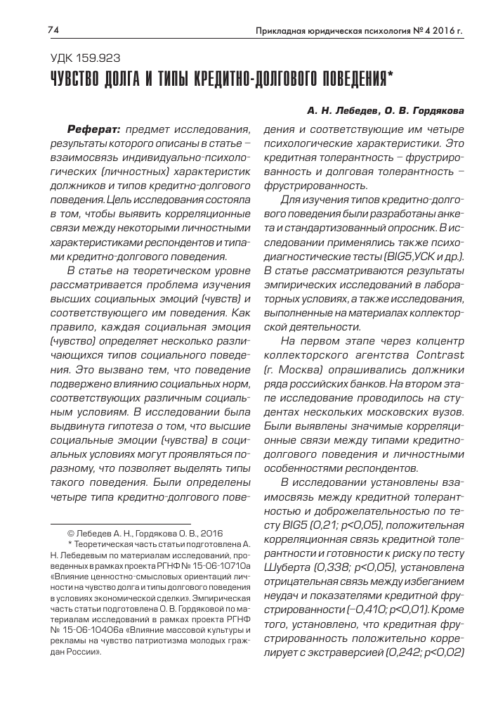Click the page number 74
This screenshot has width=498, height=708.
tap(52, 30)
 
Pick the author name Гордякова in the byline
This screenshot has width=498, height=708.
tap(437, 110)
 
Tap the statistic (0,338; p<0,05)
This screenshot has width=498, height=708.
tap(348, 567)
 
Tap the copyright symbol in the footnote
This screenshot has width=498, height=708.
tap(70, 534)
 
